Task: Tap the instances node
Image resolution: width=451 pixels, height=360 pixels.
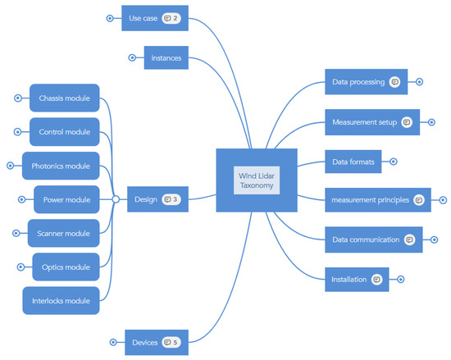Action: pyautogui.click(x=166, y=58)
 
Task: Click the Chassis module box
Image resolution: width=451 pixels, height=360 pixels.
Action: pyautogui.click(x=64, y=98)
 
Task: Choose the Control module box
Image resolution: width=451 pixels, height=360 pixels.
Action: pyautogui.click(x=64, y=132)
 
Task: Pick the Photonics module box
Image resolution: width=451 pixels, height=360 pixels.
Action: pyautogui.click(x=61, y=166)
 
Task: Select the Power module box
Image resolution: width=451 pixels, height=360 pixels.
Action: pyautogui.click(x=66, y=199)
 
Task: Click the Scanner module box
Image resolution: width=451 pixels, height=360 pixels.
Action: pyautogui.click(x=63, y=233)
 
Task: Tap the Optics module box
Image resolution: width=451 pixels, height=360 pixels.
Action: pyautogui.click(x=66, y=267)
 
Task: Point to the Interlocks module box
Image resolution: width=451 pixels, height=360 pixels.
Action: pyautogui.click(x=61, y=300)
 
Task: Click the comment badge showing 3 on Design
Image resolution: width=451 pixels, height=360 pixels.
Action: pyautogui.click(x=171, y=199)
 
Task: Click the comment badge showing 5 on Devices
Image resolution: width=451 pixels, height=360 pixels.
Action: pyautogui.click(x=171, y=342)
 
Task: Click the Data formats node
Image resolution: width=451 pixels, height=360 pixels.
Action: pyautogui.click(x=353, y=162)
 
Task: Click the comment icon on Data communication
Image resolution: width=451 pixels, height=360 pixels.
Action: pyautogui.click(x=410, y=239)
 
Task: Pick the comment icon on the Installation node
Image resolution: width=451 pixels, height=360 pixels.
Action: pyautogui.click(x=377, y=279)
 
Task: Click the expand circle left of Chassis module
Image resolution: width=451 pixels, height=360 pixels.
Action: pyautogui.click(x=18, y=98)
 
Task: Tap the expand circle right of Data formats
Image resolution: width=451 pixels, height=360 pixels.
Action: pyautogui.click(x=394, y=162)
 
